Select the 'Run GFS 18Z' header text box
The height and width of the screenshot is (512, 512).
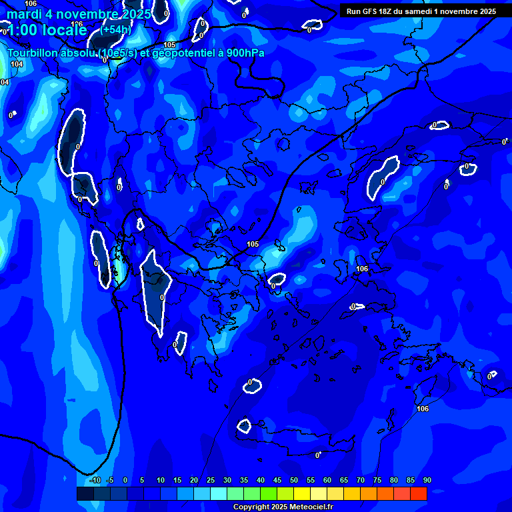[421, 11]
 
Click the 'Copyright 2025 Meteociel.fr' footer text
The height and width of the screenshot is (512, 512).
[283, 507]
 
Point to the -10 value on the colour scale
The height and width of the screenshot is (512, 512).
[95, 480]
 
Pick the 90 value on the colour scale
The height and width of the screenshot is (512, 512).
[427, 480]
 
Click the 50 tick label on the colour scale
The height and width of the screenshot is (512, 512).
[294, 480]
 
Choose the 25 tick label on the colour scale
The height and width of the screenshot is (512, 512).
[211, 480]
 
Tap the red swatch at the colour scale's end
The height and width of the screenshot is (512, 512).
[419, 493]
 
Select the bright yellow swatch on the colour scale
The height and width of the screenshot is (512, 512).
[302, 493]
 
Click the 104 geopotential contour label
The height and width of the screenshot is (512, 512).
[17, 64]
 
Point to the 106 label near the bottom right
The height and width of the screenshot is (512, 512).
[422, 409]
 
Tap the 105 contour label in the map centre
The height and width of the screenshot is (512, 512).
[253, 245]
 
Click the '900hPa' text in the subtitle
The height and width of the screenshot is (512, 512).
[245, 53]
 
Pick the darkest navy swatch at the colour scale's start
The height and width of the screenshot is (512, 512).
[85, 493]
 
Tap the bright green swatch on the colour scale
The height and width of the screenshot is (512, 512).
[269, 493]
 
